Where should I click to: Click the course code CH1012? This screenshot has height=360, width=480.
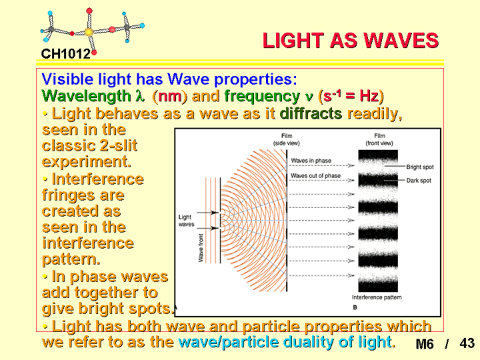click(66, 54)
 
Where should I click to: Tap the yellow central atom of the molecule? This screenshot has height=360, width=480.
click(89, 32)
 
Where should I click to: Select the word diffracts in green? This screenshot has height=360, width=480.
click(311, 113)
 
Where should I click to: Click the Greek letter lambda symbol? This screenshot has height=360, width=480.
click(140, 96)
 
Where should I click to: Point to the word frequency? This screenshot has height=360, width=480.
click(262, 97)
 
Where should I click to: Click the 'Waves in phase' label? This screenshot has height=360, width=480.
click(311, 161)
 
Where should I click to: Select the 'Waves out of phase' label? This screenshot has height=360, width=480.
click(315, 176)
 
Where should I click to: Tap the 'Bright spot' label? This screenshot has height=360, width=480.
click(420, 167)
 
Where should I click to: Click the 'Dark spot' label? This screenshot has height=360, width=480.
click(419, 181)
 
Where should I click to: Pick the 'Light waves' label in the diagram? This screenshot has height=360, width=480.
click(186, 221)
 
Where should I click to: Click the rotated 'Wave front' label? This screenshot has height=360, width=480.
click(201, 248)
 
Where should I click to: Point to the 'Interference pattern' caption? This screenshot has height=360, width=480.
click(377, 297)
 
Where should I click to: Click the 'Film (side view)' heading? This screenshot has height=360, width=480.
click(287, 139)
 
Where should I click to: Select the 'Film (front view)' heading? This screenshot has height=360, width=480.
click(379, 139)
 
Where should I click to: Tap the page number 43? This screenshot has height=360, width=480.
click(467, 343)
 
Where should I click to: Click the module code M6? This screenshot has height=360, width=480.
click(425, 344)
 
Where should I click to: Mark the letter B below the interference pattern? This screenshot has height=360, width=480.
click(355, 307)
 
